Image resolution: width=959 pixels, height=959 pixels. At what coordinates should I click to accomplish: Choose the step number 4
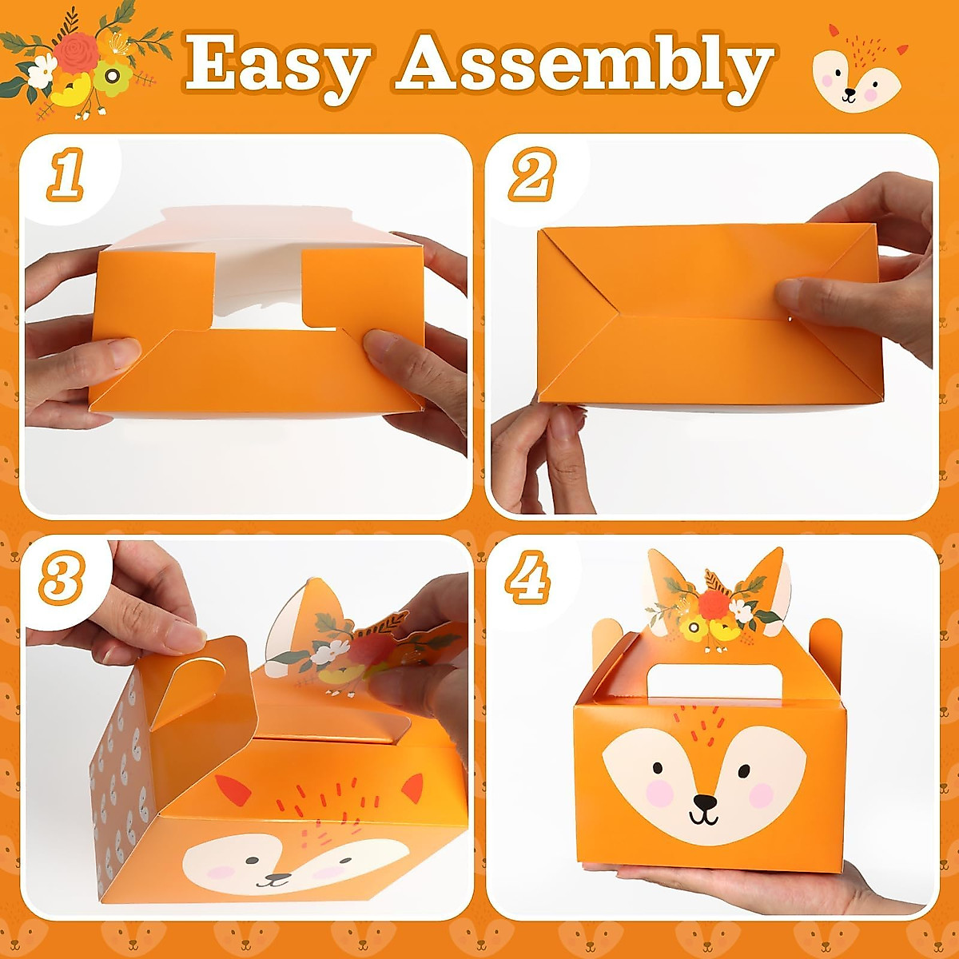click(527, 577)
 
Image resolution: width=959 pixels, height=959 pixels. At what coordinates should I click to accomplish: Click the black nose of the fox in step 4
click(704, 802)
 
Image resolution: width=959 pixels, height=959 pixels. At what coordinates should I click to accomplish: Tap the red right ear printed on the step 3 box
click(412, 788)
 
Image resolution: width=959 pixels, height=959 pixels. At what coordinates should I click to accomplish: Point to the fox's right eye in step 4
click(744, 771)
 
